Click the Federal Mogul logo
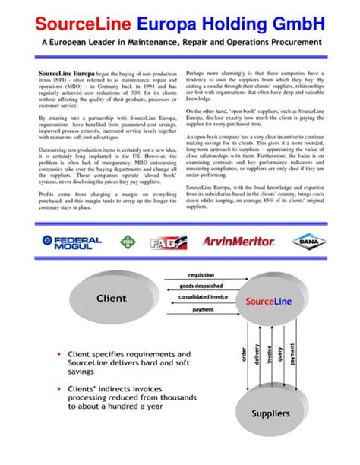pos(72,242)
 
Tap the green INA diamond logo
pos(126,243)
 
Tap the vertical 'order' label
pos(243,354)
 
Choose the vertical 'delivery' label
pos(257,354)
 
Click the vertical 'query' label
pos(281,354)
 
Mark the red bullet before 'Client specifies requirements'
pos(58,355)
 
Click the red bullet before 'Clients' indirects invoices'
pos(58,388)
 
